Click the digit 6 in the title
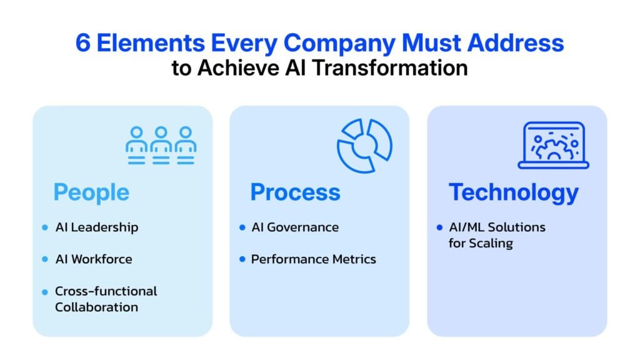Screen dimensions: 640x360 83,43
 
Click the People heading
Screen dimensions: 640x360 91,192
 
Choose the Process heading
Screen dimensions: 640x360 295,192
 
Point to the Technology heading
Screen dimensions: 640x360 514,192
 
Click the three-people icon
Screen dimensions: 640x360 161,145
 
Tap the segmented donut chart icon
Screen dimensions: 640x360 364,146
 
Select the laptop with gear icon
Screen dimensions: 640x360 554,145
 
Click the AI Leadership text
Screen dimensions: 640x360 97,227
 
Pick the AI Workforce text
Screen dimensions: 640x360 94,259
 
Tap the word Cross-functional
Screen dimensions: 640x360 106,291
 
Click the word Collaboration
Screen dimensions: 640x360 96,307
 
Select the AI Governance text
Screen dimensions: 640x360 295,227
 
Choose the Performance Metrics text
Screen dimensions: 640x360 314,259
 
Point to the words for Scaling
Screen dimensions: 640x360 481,243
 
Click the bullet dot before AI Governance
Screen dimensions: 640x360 242,227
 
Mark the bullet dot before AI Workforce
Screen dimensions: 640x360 45,259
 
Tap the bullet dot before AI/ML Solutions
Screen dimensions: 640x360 439,227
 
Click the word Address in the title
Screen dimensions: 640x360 516,43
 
